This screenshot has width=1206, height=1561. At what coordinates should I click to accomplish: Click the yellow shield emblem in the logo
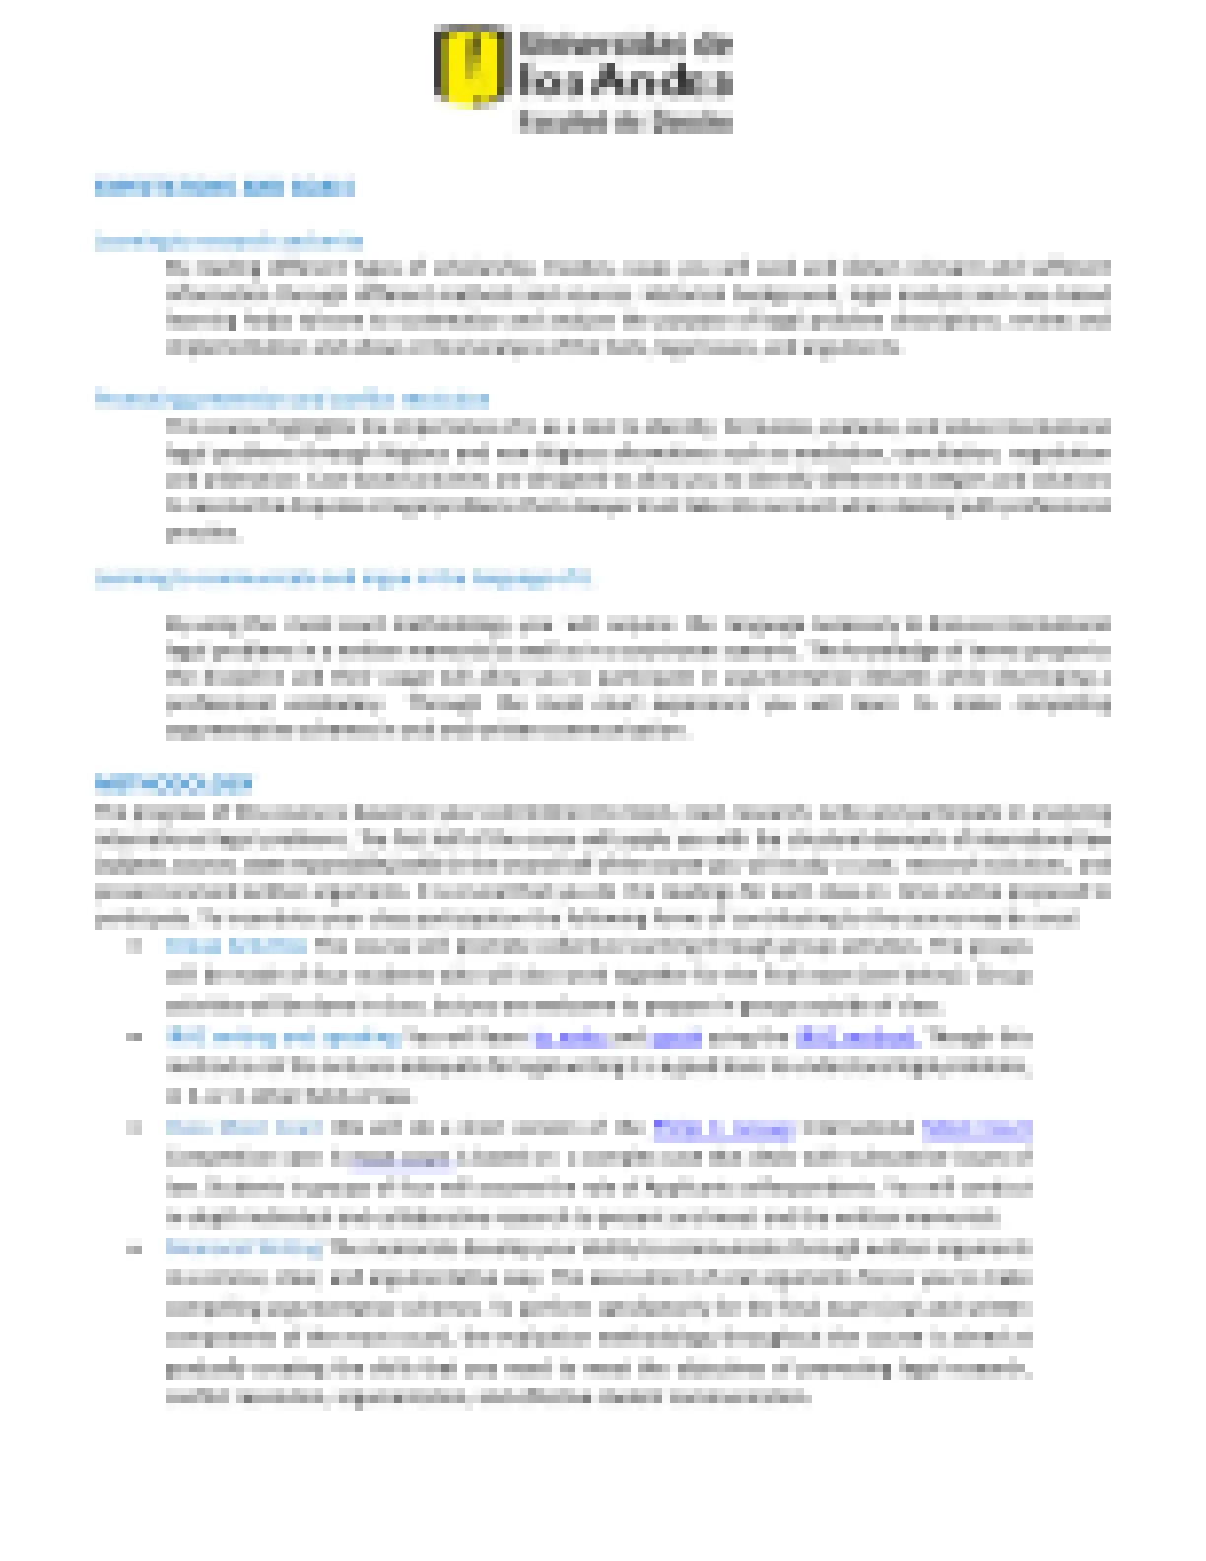472,66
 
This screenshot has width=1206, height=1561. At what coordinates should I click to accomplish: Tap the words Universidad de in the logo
626,44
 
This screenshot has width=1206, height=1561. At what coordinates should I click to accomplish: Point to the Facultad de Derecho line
626,122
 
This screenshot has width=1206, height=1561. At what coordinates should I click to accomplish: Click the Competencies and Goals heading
224,187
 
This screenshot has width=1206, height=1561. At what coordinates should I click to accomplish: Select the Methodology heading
173,784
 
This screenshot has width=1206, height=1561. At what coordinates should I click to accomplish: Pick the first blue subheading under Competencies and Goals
229,240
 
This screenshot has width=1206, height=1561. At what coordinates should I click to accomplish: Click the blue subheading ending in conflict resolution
292,399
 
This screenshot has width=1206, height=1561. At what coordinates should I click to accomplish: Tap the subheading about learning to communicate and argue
343,577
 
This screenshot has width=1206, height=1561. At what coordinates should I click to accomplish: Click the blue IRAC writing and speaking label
283,1036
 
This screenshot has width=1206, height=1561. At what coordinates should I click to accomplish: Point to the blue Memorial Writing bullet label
244,1248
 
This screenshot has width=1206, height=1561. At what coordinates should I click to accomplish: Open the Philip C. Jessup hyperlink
723,1126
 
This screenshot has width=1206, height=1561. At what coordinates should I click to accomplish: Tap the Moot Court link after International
977,1126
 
